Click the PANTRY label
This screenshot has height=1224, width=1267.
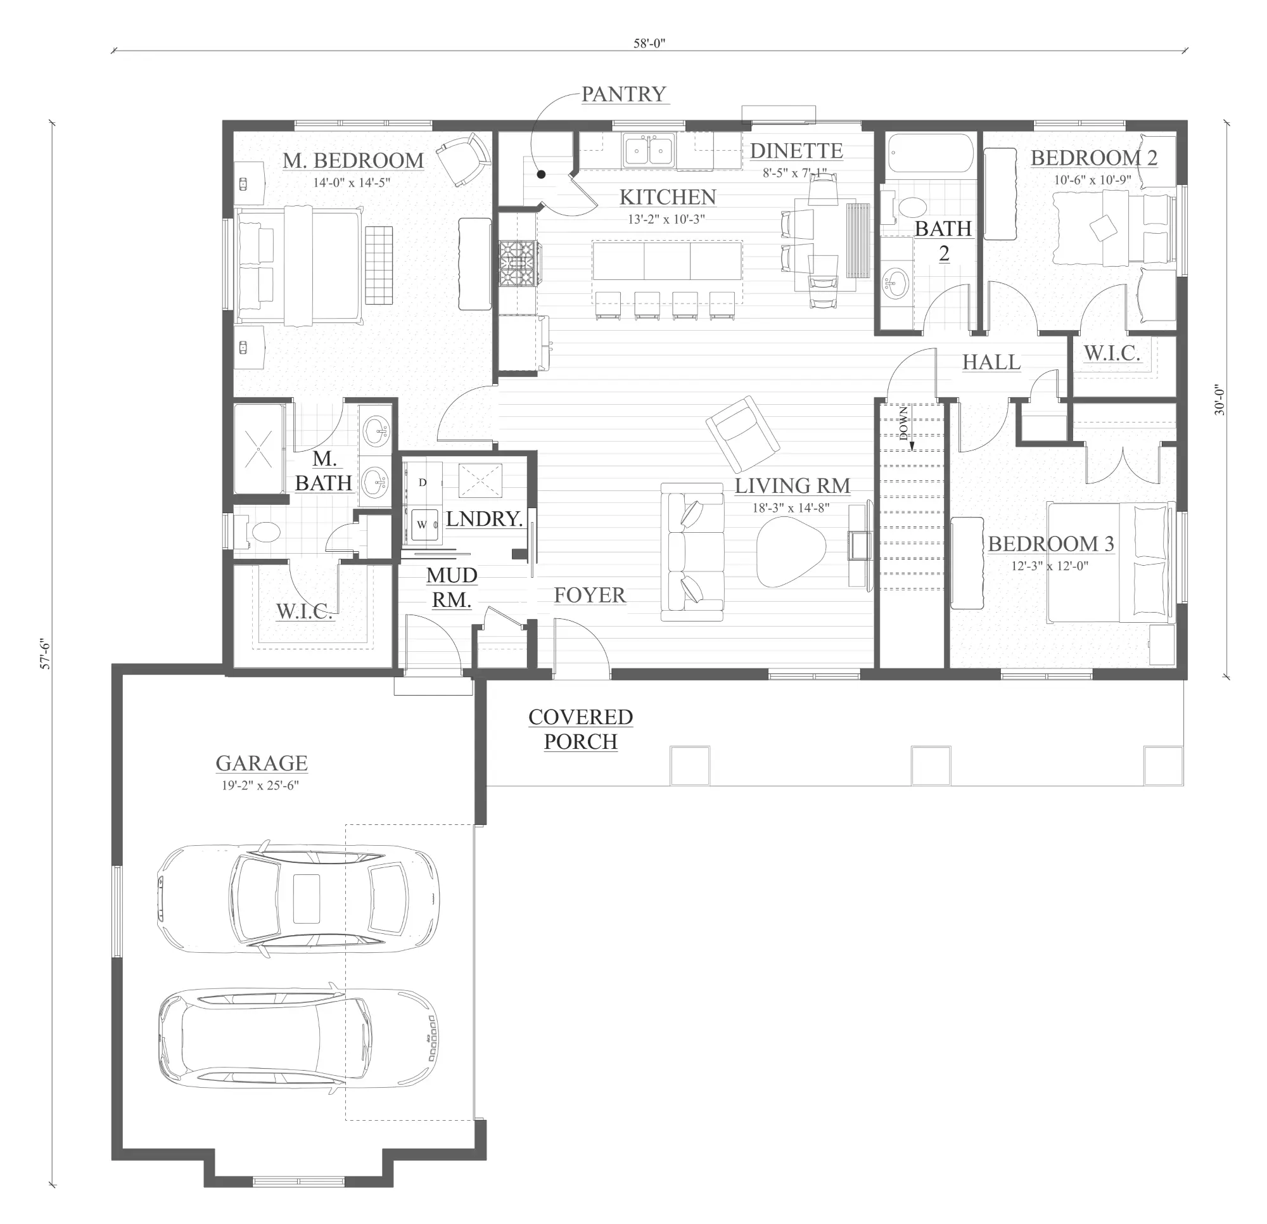(x=623, y=94)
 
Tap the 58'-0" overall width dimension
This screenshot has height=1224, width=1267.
(x=649, y=44)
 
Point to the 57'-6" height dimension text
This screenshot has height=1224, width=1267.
(x=45, y=654)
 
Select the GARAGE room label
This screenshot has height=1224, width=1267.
(x=261, y=763)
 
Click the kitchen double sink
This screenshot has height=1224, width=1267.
(x=649, y=151)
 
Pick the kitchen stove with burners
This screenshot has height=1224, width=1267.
(x=517, y=263)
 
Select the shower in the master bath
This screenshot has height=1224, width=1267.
(x=258, y=449)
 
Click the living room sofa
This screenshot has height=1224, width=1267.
(x=692, y=552)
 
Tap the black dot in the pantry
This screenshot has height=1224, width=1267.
(x=542, y=174)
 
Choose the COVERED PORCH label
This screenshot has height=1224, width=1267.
(x=580, y=729)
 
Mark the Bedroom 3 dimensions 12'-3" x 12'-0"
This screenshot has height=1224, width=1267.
(x=1050, y=566)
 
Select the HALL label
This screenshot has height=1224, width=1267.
(x=991, y=362)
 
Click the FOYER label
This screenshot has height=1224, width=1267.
(x=590, y=595)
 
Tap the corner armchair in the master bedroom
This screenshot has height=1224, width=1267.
(x=463, y=160)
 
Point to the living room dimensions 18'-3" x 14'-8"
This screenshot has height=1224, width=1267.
(x=791, y=508)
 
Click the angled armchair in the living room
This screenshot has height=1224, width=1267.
(x=742, y=434)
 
